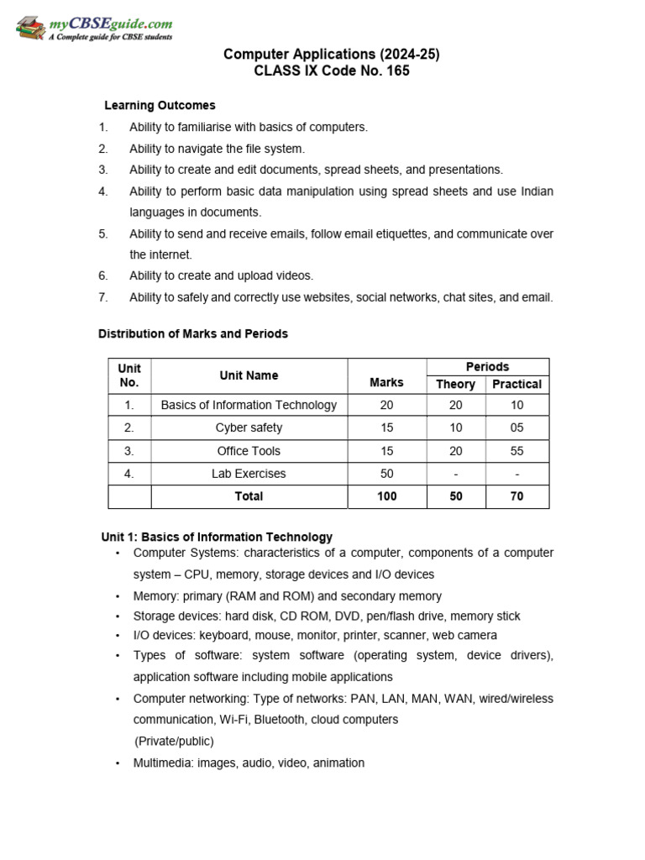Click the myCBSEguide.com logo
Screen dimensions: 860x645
point(94,29)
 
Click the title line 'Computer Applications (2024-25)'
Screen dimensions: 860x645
point(331,55)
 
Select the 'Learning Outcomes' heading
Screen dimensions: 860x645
point(160,106)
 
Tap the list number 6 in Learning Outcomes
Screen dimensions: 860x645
point(103,275)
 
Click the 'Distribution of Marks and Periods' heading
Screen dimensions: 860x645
point(193,334)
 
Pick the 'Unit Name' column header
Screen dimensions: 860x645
point(249,375)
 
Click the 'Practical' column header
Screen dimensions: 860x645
point(517,385)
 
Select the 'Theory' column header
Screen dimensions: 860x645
point(456,385)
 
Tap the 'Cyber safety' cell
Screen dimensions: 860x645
point(249,428)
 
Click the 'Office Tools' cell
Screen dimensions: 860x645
point(249,451)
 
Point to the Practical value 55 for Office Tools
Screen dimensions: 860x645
point(517,451)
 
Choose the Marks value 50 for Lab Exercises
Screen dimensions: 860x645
point(386,474)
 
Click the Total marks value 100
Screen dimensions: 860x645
point(386,496)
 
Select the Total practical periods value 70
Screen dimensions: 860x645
point(517,496)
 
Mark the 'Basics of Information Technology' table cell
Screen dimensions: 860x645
point(249,405)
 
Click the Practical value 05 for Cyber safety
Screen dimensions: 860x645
point(517,428)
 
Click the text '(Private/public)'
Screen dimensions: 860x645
point(174,742)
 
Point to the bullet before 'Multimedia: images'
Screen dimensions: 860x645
point(118,763)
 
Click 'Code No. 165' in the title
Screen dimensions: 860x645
point(370,71)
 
